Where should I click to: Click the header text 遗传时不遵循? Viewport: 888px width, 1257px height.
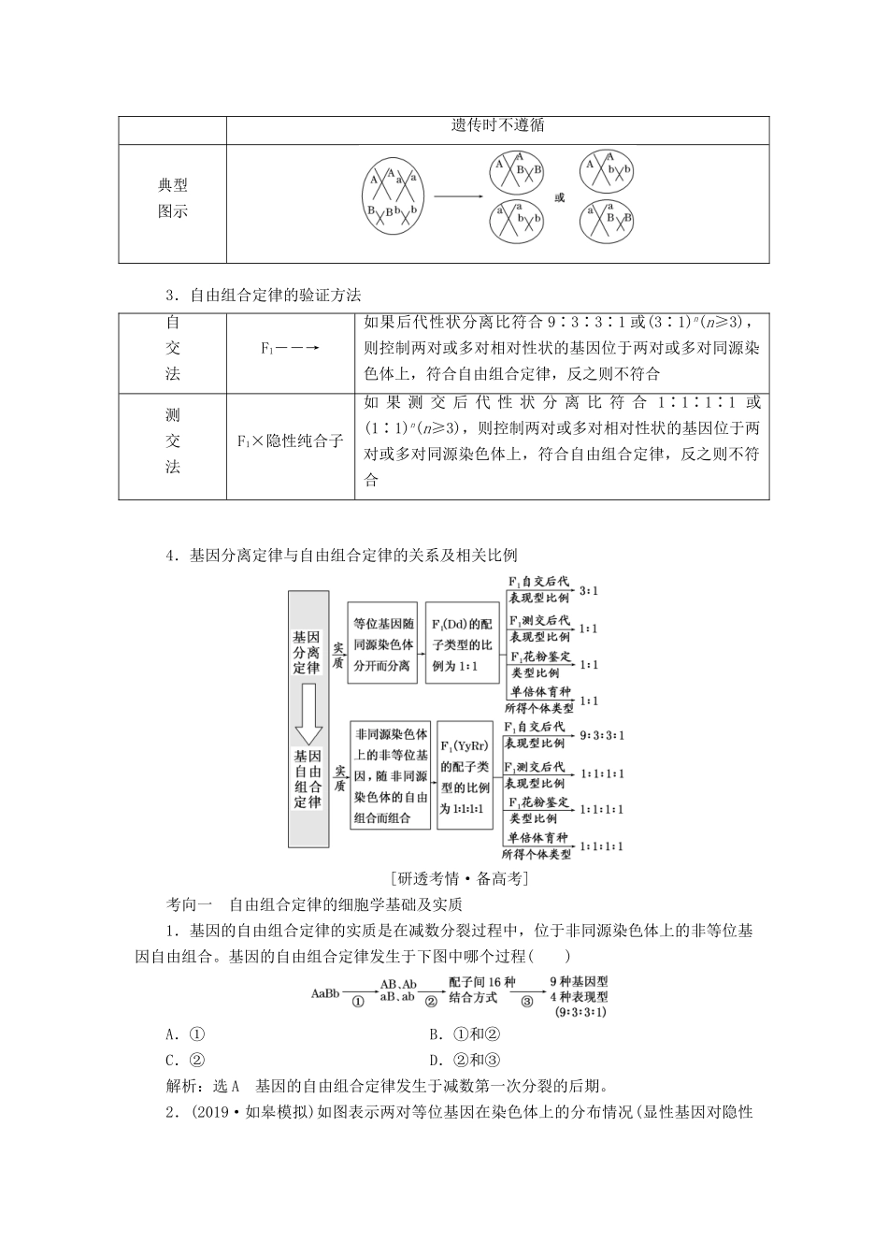coord(497,125)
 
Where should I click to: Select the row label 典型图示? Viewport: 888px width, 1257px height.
coord(173,199)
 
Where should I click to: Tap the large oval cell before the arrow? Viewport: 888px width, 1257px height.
coord(393,197)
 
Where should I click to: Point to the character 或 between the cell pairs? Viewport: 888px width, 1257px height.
coord(560,198)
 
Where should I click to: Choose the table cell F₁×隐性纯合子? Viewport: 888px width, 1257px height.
coord(290,441)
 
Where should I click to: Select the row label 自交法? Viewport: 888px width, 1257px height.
coord(173,348)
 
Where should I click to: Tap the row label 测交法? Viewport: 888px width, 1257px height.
coord(173,441)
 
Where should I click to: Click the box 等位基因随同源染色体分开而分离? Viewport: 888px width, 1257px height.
coord(381,643)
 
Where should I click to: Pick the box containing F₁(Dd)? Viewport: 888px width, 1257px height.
coord(463,643)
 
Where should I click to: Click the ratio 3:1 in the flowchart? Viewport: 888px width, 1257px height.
coord(589,591)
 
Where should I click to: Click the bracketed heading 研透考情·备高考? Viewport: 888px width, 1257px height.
coord(463,878)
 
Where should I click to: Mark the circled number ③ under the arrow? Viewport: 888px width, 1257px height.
coord(527,1001)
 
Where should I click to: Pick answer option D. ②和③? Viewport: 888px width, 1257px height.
coord(465,1060)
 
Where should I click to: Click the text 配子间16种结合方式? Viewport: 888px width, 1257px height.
coord(481,990)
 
